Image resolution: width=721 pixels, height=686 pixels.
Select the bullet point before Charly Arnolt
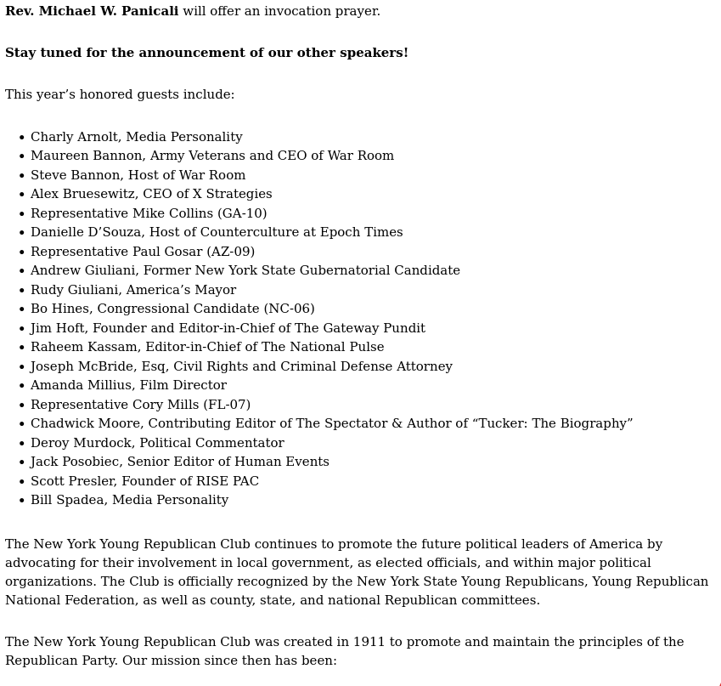[22, 138]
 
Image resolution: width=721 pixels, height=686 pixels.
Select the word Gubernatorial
[327, 271]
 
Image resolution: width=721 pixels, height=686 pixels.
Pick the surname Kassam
[110, 348]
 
